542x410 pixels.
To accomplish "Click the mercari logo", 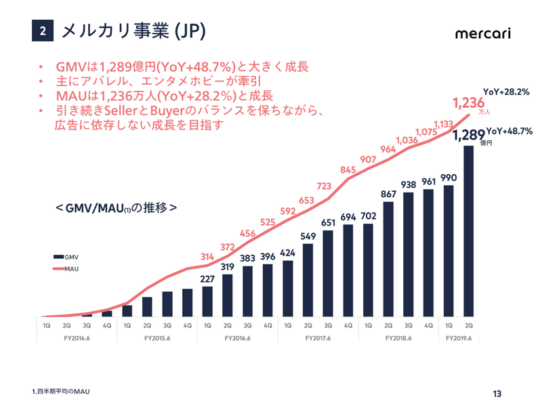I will click(482, 33).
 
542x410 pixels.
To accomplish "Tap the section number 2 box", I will click(42, 31).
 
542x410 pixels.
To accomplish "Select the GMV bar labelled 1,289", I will click(468, 230).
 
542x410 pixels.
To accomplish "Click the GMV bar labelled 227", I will click(207, 302).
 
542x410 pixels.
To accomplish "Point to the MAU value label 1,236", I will click(469, 103).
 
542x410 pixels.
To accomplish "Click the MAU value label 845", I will click(348, 170).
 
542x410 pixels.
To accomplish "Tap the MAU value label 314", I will click(207, 256).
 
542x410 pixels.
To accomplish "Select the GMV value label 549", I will click(308, 236).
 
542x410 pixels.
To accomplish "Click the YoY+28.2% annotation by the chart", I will click(506, 91).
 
